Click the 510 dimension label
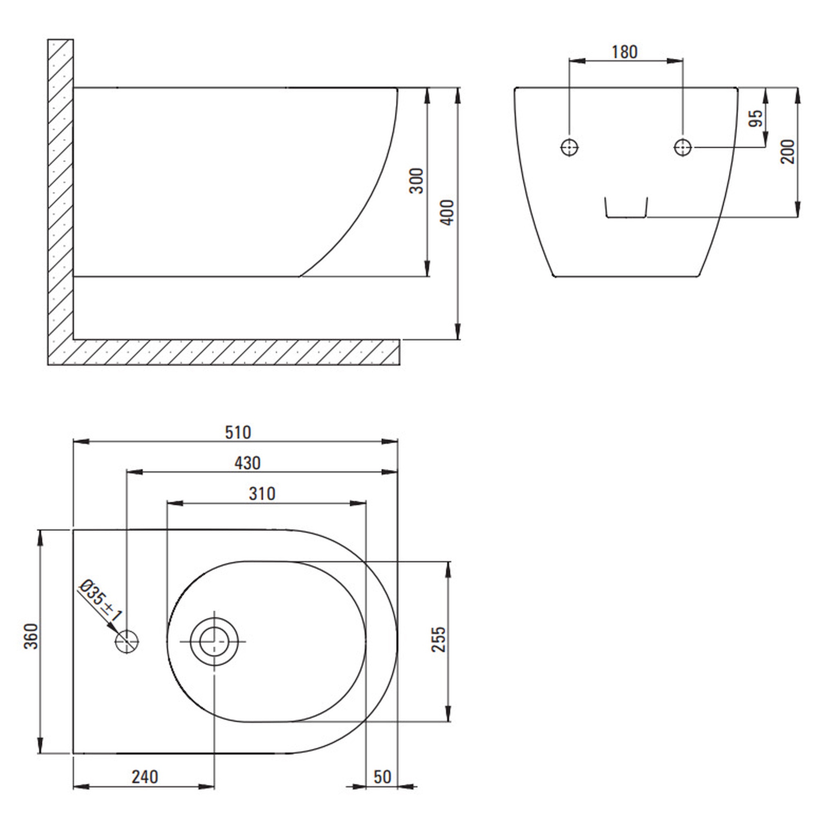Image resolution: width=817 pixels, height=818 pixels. click(x=238, y=433)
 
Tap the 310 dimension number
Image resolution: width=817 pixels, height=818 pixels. click(x=262, y=494)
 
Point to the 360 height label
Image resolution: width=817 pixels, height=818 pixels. click(x=31, y=636)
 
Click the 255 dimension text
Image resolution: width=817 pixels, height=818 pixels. click(x=439, y=640)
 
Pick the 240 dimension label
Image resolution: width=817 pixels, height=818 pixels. click(x=145, y=777)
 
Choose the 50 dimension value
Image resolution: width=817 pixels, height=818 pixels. click(x=382, y=777)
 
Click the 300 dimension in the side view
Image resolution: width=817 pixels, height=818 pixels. click(x=416, y=181)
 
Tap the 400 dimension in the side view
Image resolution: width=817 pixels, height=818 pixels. click(x=447, y=212)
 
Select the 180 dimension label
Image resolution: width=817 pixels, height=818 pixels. click(x=625, y=52)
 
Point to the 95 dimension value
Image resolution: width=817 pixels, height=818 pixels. click(x=756, y=118)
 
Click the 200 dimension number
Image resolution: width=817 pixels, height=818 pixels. click(x=788, y=152)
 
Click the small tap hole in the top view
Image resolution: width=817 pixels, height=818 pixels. click(x=127, y=642)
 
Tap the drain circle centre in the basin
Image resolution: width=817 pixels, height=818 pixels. click(x=214, y=642)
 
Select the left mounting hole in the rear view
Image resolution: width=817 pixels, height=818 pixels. click(x=570, y=147)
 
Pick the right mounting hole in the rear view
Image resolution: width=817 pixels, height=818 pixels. click(x=683, y=147)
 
